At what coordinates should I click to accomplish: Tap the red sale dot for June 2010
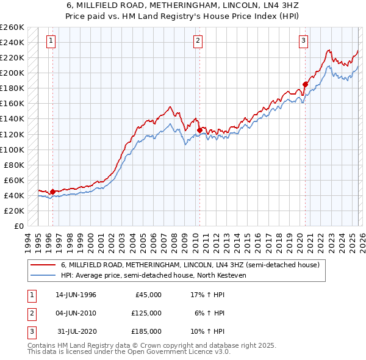tap(199, 130)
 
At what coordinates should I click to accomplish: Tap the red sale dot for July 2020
tap(305, 84)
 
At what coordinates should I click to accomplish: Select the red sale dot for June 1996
tap(52, 192)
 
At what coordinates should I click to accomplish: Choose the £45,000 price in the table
tap(146, 295)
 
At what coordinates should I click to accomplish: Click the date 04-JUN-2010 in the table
tap(76, 313)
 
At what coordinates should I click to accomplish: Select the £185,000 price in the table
tap(146, 331)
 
